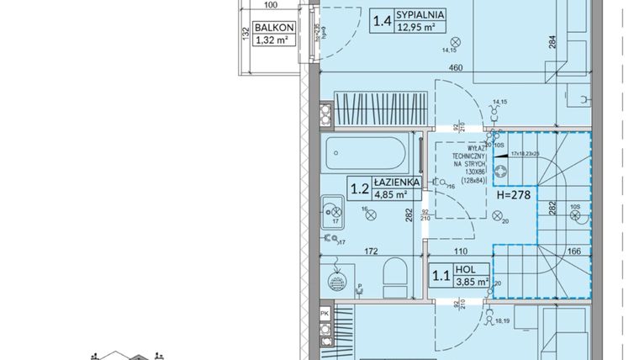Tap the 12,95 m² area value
417,27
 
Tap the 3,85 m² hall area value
471,283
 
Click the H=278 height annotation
516,194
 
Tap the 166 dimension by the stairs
573,251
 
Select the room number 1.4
382,20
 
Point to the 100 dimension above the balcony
270,5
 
